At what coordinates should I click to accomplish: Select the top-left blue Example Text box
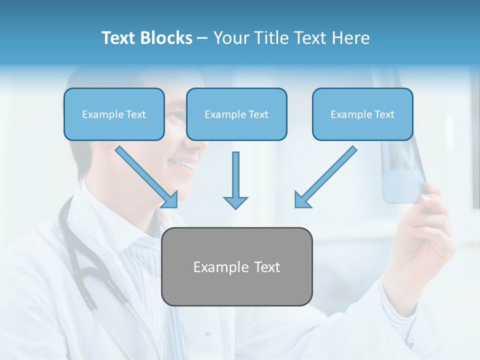point(114,114)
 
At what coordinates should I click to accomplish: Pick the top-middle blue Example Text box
point(236,114)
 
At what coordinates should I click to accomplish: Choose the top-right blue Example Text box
point(362,114)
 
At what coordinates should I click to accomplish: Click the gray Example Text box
point(236,266)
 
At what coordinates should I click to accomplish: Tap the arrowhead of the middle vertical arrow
point(235,202)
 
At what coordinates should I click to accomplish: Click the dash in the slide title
point(202,38)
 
